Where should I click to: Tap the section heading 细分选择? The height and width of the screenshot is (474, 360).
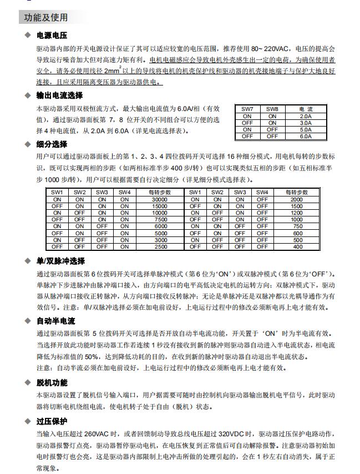tap(52, 145)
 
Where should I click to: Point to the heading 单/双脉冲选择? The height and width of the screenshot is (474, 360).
tap(61, 261)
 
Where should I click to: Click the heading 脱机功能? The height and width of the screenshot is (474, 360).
tap(52, 382)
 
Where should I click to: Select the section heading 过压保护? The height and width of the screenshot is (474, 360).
tap(52, 421)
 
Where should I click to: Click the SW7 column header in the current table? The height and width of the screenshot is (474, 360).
tap(247, 109)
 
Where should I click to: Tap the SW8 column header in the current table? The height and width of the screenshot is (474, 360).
tap(272, 109)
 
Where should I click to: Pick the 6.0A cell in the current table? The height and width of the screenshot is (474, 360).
tap(305, 136)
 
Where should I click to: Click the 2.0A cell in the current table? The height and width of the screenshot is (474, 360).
tap(305, 116)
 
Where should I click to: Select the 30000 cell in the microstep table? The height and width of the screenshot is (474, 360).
tap(160, 199)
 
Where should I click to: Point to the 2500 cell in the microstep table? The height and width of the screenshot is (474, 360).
tap(160, 246)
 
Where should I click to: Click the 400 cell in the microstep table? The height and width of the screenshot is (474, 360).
tap(298, 246)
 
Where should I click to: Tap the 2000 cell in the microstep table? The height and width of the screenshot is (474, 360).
tap(298, 199)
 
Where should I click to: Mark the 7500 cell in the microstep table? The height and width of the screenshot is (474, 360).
tap(160, 219)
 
